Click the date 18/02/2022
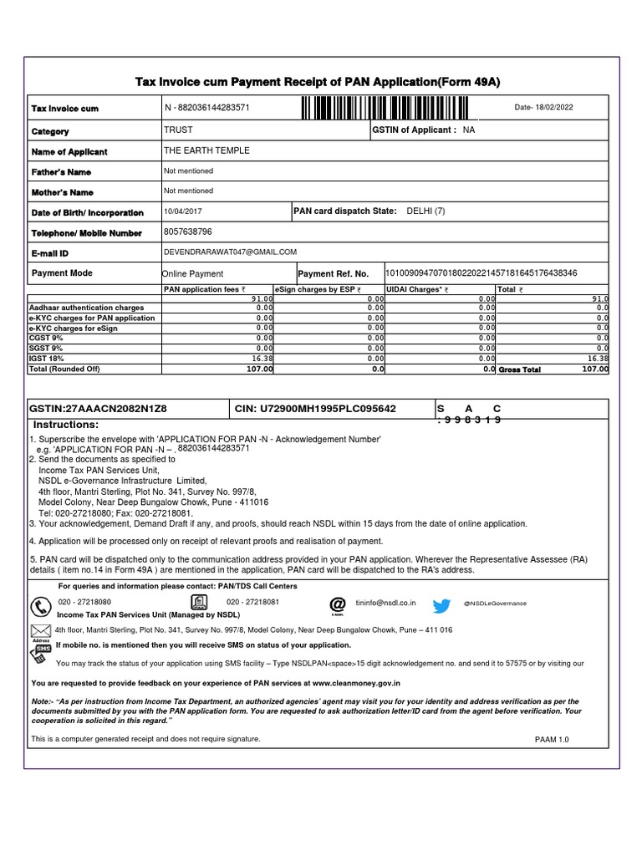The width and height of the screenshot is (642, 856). (544, 108)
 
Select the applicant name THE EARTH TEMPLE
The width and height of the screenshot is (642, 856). (206, 150)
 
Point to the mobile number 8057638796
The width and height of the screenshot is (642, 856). (188, 232)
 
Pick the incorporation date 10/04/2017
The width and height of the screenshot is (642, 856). (182, 211)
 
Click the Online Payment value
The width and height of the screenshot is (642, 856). (192, 273)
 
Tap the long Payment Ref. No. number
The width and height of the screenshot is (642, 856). (481, 273)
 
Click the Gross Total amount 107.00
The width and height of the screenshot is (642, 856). (594, 369)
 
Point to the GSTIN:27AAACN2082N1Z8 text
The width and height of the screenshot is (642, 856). (98, 409)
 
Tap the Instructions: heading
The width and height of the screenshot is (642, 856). (66, 425)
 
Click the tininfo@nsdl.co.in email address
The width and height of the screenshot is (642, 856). (385, 602)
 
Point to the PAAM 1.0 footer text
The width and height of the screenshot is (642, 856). (551, 740)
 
